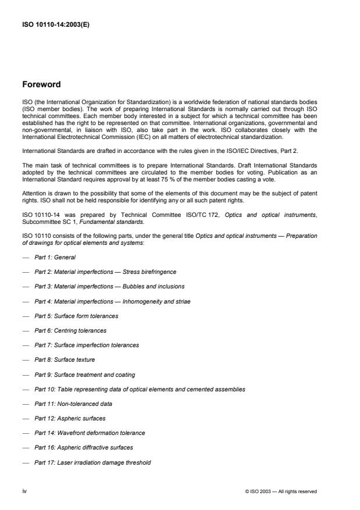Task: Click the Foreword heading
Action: (x=42, y=83)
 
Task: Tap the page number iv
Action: (x=24, y=491)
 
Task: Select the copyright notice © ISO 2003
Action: (x=281, y=491)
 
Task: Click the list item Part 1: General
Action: (x=55, y=256)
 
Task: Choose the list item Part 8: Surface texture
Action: (x=65, y=359)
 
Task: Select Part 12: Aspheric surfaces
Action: (x=70, y=418)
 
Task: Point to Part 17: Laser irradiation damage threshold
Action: (x=92, y=462)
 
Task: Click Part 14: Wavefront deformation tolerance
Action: (x=90, y=433)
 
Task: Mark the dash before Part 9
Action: (x=25, y=374)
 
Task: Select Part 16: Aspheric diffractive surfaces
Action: (x=83, y=447)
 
